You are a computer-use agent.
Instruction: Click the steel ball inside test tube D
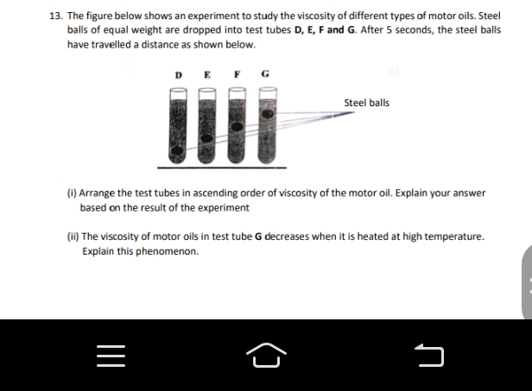178,154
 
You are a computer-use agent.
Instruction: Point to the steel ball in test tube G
267,113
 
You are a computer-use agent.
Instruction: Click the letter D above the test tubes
179,75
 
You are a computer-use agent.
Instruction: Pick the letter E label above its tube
206,75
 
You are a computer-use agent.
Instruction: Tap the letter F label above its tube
236,75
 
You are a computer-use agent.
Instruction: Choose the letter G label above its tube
264,75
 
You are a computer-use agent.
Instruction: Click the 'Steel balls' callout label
366,103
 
